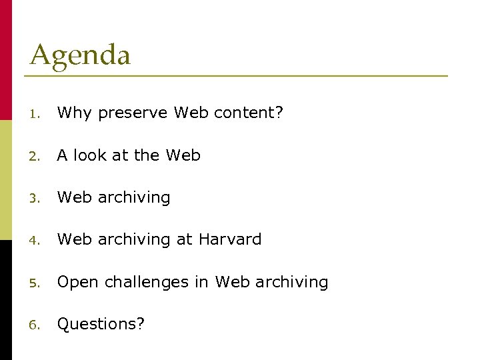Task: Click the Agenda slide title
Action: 80,55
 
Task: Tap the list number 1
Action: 35,114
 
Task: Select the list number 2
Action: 35,156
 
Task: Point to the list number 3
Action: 35,198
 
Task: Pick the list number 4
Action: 35,240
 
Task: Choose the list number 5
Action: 35,283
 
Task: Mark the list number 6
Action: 35,325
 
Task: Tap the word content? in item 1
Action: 249,113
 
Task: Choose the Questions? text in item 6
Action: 101,325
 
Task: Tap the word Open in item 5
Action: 75,283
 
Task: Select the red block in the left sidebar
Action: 6,60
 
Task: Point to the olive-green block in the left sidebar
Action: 6,180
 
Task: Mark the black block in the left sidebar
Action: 6,300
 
